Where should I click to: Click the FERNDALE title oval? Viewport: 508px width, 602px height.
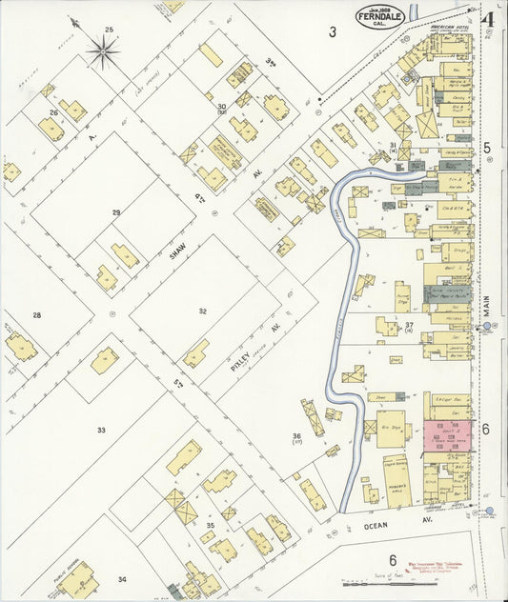(380, 17)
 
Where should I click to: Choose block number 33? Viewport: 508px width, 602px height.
(101, 430)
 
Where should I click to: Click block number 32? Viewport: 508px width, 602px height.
(202, 311)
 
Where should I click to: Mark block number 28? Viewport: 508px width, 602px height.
(37, 314)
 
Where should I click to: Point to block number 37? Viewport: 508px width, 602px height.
(409, 326)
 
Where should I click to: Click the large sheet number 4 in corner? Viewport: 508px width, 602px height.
(487, 19)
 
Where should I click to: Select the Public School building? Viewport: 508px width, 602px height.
(76, 578)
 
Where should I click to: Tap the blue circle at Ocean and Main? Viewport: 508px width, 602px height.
(489, 512)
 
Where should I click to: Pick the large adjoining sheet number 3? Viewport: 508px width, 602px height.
(333, 32)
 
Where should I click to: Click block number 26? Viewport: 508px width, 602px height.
(54, 112)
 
